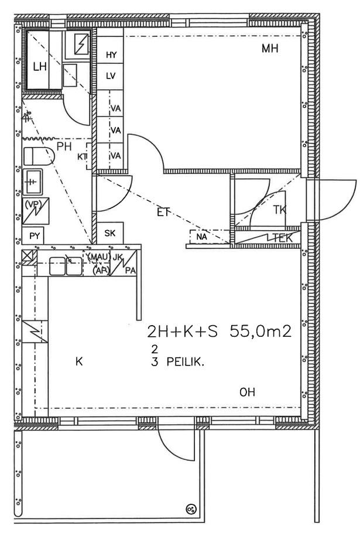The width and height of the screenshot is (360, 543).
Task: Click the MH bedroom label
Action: click(x=270, y=49)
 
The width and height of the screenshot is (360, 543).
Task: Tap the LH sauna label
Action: click(x=40, y=67)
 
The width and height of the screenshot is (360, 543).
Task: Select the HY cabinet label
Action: click(x=111, y=54)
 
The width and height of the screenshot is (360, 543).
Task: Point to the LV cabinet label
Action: click(x=111, y=76)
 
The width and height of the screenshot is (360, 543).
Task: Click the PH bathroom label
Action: click(x=64, y=146)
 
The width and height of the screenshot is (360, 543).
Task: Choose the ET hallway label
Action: click(x=163, y=212)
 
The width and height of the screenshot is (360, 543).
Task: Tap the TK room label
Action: click(x=280, y=210)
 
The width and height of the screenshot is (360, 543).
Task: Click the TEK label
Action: click(x=283, y=238)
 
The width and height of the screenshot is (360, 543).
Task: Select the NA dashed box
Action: click(x=210, y=237)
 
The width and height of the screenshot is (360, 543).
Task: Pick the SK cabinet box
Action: click(x=109, y=233)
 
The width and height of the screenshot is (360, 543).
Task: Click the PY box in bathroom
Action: click(x=35, y=236)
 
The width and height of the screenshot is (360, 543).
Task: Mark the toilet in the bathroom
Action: click(x=39, y=156)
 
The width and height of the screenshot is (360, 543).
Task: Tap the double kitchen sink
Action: click(x=66, y=266)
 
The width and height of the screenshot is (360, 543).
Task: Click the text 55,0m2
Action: click(x=260, y=332)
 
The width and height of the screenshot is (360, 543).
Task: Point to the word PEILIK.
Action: click(x=186, y=362)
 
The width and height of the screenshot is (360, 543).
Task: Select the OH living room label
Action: click(x=247, y=392)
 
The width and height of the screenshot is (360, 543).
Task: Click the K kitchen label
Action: click(x=79, y=362)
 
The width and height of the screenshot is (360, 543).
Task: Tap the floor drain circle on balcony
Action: click(x=191, y=508)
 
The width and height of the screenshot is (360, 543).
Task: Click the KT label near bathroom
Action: click(x=82, y=157)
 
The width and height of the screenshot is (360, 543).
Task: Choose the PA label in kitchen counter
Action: click(x=130, y=271)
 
